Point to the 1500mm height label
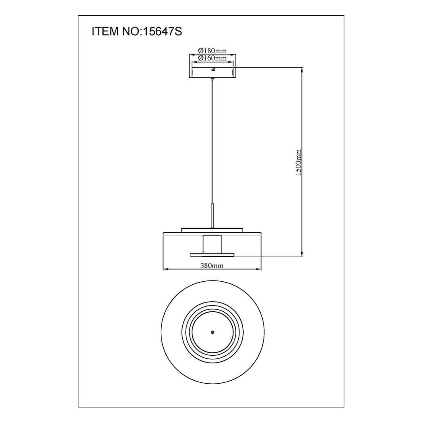(299, 162)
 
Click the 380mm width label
(212, 266)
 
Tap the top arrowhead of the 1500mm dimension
(302, 70)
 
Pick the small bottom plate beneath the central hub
(212, 255)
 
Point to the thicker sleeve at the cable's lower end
(212, 216)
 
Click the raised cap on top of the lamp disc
(212, 230)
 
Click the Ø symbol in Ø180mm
(200, 51)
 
